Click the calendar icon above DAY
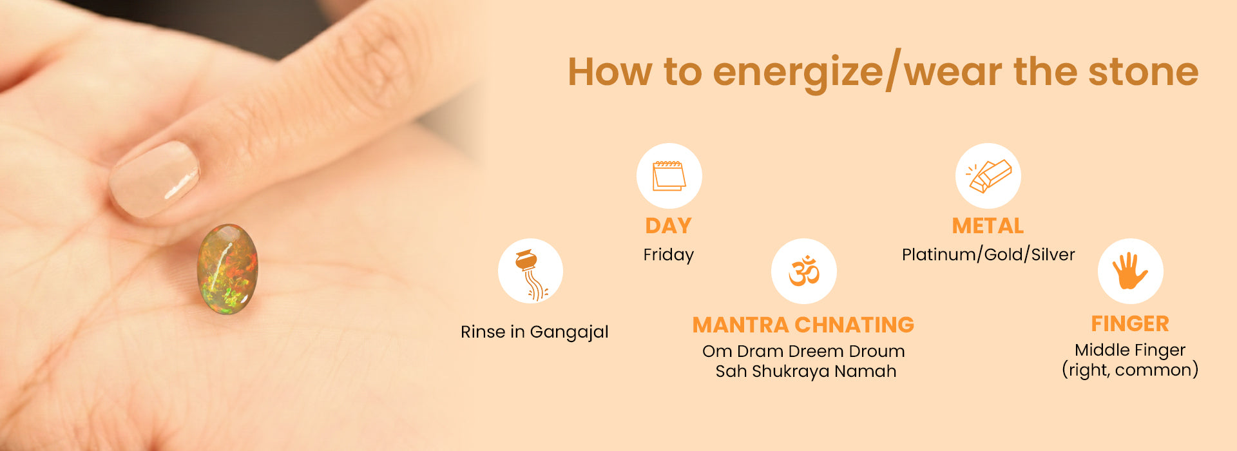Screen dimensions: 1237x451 pos(669,176)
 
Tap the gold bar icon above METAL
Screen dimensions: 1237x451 pos(988,176)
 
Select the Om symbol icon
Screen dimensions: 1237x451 pos(804,271)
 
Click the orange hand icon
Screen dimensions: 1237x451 pos(1130,271)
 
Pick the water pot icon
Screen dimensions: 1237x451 pos(531,274)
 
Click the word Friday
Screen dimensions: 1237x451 pos(669,255)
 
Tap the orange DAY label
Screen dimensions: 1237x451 pos(669,226)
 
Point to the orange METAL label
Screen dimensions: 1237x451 pos(988,226)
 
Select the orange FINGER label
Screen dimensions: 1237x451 pos(1130,323)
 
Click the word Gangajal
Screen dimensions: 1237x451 pos(569,332)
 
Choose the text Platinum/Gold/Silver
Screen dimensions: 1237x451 pos(988,254)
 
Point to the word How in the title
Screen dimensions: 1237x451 pos(609,72)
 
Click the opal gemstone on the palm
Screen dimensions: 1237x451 pos(227,269)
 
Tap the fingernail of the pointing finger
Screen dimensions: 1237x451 pos(155,178)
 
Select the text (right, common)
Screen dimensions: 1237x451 pos(1130,370)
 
